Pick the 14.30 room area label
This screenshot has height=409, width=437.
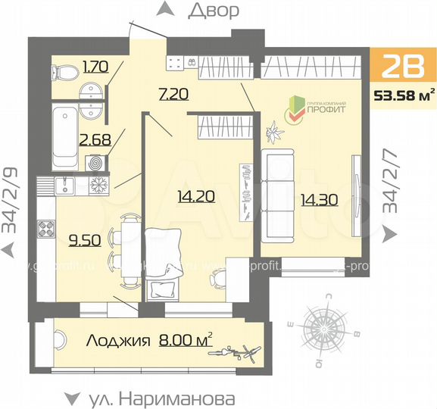point(317,202)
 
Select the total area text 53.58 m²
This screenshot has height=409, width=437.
point(404,95)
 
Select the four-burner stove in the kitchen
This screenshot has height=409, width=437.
point(44,227)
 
